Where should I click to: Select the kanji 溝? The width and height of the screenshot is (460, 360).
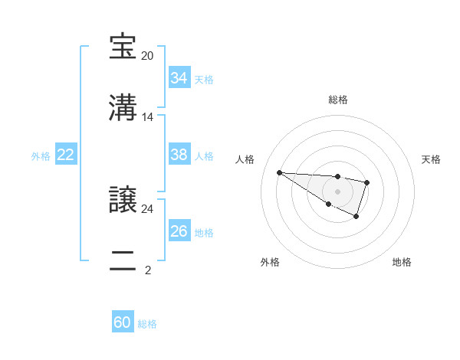(124, 106)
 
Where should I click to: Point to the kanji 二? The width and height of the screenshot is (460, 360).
(124, 260)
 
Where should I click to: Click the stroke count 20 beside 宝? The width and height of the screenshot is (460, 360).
(147, 56)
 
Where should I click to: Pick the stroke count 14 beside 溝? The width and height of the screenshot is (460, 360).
(147, 117)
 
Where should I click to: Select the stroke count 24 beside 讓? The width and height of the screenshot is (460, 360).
(147, 208)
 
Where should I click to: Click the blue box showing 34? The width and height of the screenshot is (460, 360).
(179, 78)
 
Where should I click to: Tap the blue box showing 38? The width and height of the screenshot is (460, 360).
(179, 155)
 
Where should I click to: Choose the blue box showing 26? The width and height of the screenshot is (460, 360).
(179, 231)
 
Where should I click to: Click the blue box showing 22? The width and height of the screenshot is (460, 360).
(66, 155)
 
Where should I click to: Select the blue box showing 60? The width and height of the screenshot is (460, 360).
(122, 322)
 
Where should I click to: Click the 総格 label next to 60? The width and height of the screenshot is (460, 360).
(147, 324)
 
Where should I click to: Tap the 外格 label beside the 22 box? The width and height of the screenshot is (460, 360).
(41, 156)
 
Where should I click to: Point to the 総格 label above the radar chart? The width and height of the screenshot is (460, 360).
(337, 100)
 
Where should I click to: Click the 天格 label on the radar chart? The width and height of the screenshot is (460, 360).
(431, 159)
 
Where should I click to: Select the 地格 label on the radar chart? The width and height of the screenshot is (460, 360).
(402, 262)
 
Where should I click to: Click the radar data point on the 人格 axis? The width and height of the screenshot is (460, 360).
(279, 172)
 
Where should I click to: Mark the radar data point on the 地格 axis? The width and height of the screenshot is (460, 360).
(356, 217)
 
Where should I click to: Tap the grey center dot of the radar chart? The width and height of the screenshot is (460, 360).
(337, 191)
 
